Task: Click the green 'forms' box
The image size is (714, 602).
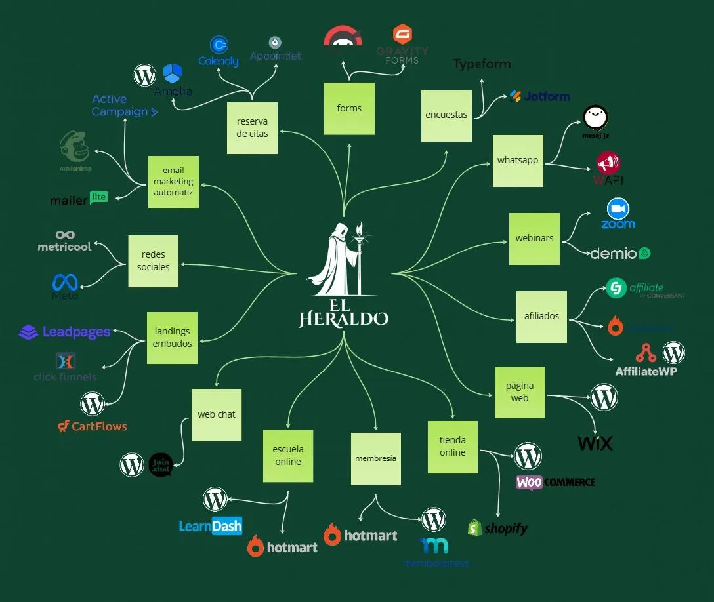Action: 349,109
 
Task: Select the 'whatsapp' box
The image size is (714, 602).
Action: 518,161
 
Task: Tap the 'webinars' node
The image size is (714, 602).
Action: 534,239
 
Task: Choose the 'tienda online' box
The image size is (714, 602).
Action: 453,447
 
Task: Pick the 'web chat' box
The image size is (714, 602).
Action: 217,414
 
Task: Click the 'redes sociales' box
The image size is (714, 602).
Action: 153,261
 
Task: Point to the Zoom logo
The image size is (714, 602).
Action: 618,215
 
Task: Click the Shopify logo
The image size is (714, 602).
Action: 497,528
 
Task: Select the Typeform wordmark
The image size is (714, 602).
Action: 482,64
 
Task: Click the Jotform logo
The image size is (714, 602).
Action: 539,96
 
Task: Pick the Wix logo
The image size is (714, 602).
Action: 595,443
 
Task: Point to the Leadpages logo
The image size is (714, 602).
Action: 65,332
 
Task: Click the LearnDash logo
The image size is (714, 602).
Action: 211,526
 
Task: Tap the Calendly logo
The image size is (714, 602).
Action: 219,51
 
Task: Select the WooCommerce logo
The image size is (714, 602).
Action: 555,483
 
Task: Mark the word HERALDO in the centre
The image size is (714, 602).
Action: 343,319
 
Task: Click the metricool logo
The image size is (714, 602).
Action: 64,241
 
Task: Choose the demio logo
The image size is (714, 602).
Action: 620,254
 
